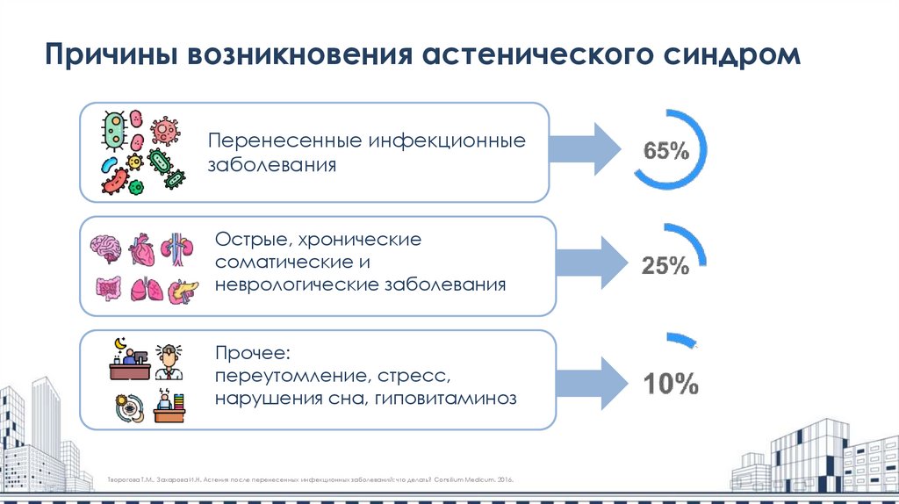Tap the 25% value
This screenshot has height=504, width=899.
point(665,266)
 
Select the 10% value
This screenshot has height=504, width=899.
point(671,384)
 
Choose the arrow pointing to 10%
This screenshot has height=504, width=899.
point(590,379)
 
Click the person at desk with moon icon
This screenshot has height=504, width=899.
point(128,361)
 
